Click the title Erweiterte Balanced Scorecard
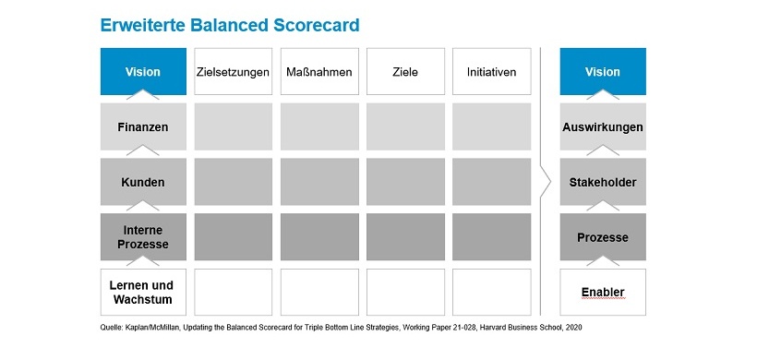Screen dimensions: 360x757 click(x=230, y=24)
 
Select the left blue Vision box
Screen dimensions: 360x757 click(x=142, y=72)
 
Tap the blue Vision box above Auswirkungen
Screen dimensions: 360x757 click(x=603, y=72)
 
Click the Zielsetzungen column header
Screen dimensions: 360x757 click(x=233, y=72)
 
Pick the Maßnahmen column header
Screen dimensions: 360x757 click(x=318, y=72)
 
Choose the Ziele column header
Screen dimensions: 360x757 click(x=405, y=72)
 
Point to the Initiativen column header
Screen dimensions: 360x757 click(x=491, y=72)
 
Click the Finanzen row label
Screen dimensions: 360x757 click(x=142, y=126)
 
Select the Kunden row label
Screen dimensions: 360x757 click(x=142, y=182)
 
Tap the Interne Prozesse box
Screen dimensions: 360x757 click(x=142, y=237)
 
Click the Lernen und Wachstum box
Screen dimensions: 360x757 click(x=142, y=293)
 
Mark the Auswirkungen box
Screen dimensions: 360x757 click(x=603, y=126)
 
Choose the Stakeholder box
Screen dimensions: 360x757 click(x=603, y=182)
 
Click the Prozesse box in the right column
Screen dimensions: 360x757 click(x=603, y=237)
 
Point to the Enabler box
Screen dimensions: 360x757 click(x=603, y=293)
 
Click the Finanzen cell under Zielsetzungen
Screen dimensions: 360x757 click(x=233, y=126)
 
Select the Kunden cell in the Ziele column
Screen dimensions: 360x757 click(x=405, y=182)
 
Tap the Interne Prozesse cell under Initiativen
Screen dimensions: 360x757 click(x=491, y=237)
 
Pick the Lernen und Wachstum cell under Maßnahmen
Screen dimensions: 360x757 click(x=318, y=293)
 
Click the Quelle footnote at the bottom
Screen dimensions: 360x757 click(x=341, y=328)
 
